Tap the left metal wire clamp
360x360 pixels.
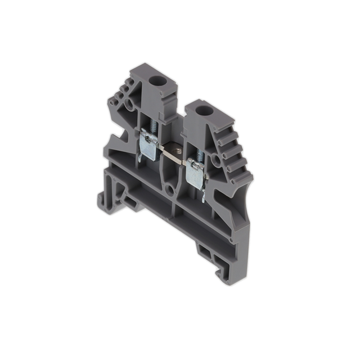148,141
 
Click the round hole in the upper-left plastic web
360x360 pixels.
130,107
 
